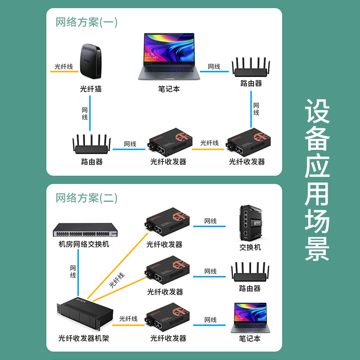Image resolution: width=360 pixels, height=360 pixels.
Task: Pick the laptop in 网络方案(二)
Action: pos(248,318)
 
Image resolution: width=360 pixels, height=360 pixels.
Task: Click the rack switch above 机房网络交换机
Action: pos(84,230)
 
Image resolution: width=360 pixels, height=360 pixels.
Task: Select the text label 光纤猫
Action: pos(91,89)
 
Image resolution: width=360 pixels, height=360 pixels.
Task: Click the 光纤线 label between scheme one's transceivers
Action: pos(209,143)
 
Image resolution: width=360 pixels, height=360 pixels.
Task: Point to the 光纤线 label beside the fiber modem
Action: pos(63,66)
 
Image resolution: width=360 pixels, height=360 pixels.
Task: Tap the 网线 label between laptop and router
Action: pos(214,67)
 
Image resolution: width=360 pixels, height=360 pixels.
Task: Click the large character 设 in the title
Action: pos(318,111)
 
